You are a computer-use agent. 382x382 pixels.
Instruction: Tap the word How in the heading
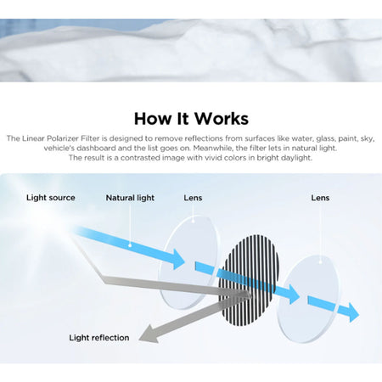pos(153,118)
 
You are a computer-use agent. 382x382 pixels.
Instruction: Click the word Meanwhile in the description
pos(213,148)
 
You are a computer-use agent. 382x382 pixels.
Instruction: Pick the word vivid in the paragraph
pos(215,158)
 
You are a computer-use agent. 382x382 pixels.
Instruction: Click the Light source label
pos(51,198)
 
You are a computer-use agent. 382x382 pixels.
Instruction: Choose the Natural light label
pos(130,198)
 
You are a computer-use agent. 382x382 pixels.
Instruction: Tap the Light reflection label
pos(99,338)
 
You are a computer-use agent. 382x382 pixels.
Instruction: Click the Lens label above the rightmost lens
pos(320,198)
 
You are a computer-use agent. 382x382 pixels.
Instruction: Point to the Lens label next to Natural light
pos(193,198)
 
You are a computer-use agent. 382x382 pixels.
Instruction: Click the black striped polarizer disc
pos(250,280)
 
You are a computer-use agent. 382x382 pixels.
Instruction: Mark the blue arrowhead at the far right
pos(354,312)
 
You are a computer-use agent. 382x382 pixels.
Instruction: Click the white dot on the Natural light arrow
pos(130,245)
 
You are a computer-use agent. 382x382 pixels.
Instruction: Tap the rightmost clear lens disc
pos(308,299)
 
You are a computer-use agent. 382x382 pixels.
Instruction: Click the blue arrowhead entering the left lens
pos(179,260)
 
